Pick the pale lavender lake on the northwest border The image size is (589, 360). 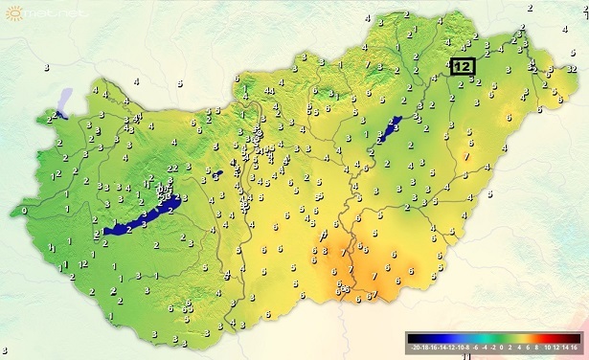65,101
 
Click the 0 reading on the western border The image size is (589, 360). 23,209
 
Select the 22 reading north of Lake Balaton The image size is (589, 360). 171,169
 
